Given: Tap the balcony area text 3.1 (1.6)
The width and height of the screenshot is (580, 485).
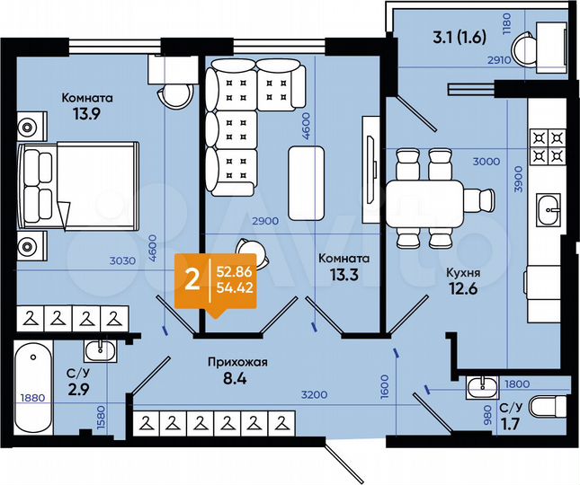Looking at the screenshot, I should (459, 38).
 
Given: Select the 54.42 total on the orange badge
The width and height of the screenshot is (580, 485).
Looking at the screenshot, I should (234, 287).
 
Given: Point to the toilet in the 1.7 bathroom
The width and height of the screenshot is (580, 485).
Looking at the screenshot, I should (545, 407).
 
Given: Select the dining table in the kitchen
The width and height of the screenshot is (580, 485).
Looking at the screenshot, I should (424, 198).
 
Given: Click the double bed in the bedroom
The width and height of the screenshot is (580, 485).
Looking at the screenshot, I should (81, 187).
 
